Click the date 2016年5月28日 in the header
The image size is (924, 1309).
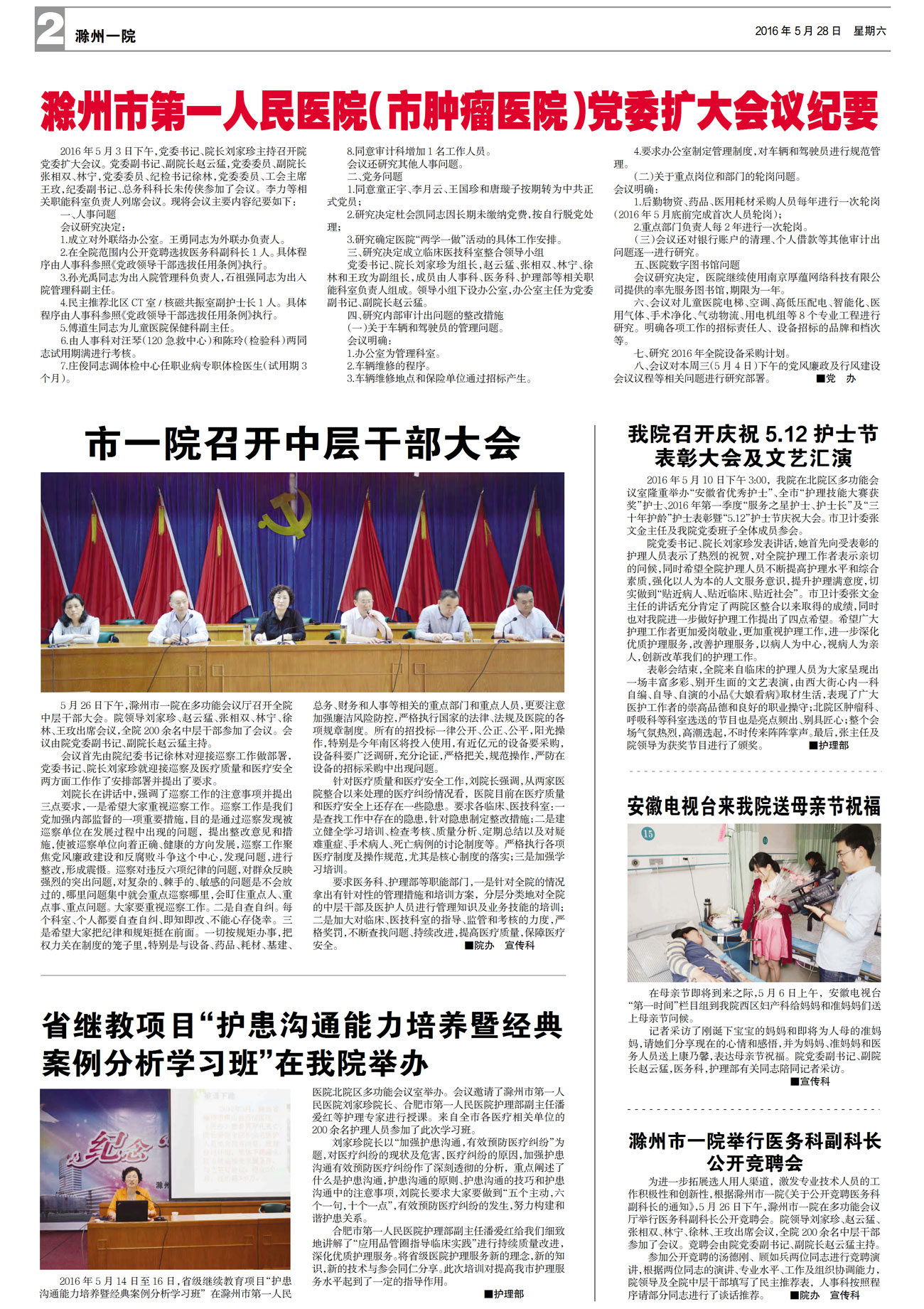tap(797, 31)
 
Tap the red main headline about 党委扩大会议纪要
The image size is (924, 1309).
tap(460, 111)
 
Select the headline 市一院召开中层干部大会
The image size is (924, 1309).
tap(303, 444)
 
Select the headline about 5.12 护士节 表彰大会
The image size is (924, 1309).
tap(753, 445)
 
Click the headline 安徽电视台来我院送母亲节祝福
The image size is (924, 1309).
tap(753, 806)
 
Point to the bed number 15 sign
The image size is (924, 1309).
tap(648, 833)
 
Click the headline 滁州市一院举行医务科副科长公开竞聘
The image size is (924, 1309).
tap(754, 1151)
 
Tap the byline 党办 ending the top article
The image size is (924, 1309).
tap(840, 378)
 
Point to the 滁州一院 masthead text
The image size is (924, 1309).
tap(105, 36)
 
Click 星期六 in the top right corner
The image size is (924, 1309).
tap(869, 31)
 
